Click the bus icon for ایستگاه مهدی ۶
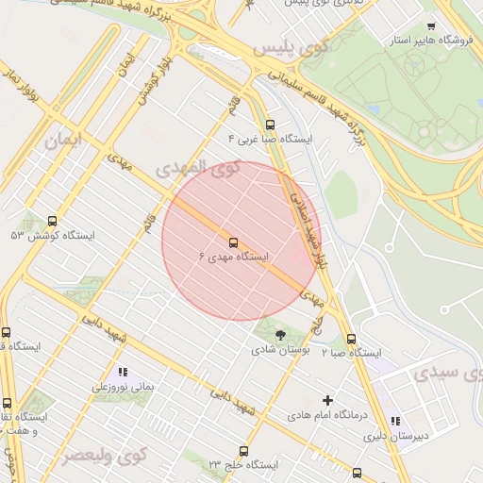[x=233, y=241]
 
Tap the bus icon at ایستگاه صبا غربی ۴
[x=270, y=125]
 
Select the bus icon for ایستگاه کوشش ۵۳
[x=51, y=220]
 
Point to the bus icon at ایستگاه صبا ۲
[x=351, y=339]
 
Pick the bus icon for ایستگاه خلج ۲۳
[x=243, y=451]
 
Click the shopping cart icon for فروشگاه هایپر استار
[x=431, y=26]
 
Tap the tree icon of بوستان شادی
[x=279, y=334]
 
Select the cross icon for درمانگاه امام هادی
[x=327, y=400]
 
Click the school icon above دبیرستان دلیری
[x=395, y=421]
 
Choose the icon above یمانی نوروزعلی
[x=122, y=372]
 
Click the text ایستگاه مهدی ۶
[x=234, y=258]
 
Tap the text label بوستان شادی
[x=278, y=350]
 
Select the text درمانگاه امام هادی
[x=326, y=415]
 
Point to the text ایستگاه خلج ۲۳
[x=242, y=466]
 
